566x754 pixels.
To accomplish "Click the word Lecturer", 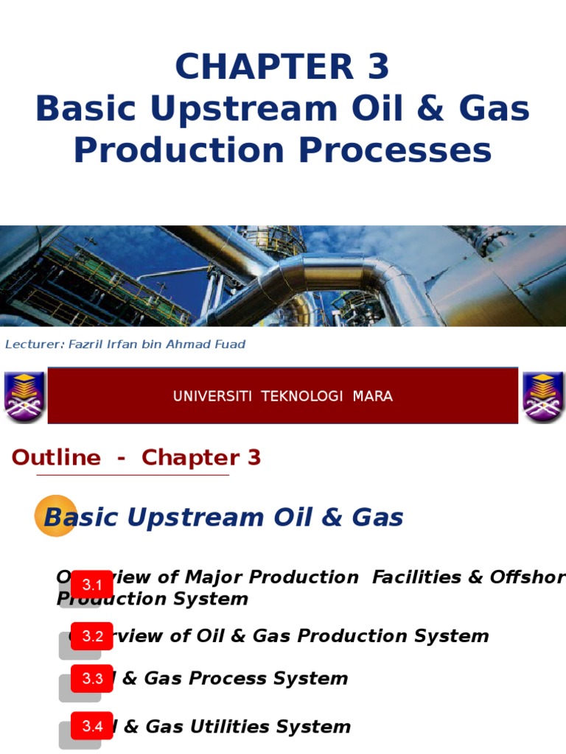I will [x=27, y=345].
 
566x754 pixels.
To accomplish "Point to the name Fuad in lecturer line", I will [x=228, y=345].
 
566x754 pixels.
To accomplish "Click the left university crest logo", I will [x=24, y=396].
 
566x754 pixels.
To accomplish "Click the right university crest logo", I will [x=543, y=396].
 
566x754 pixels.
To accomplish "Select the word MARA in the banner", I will [x=372, y=396].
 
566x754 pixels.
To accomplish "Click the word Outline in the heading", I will [x=56, y=457].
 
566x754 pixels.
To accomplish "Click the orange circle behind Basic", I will [x=55, y=515].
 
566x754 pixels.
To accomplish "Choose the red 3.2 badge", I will [x=93, y=636].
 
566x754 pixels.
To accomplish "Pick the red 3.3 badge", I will [x=92, y=679].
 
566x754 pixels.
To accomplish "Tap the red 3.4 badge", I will [x=92, y=727].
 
